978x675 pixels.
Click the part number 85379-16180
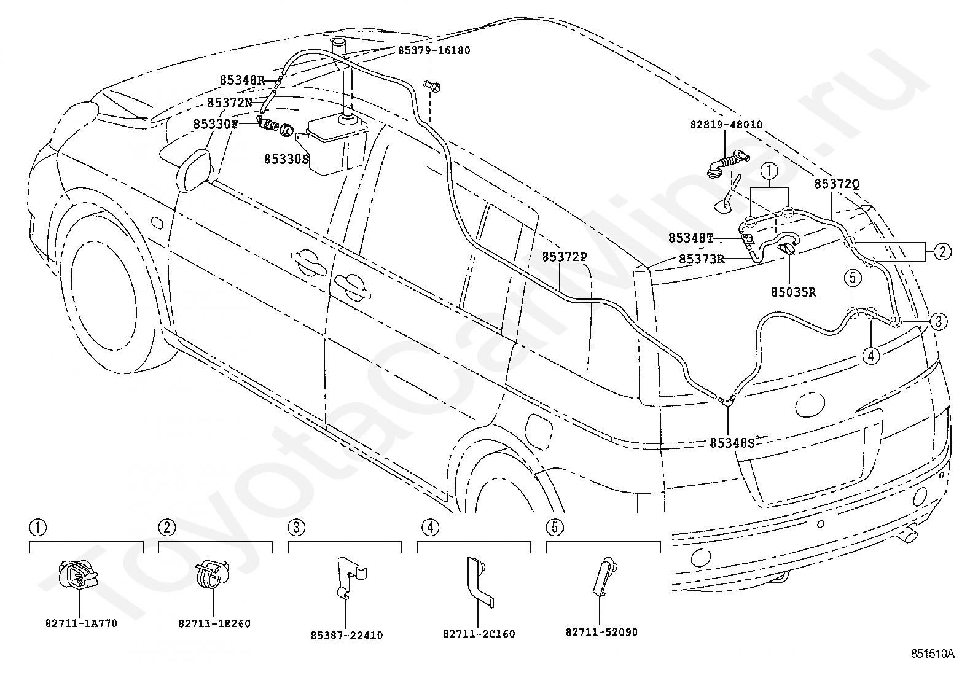coord(434,50)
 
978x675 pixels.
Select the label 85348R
coord(242,80)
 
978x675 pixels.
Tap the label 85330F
coord(216,125)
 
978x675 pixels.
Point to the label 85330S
coord(286,159)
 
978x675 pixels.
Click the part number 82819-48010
coord(726,125)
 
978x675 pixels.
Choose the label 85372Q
coord(837,184)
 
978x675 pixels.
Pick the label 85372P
coord(565,257)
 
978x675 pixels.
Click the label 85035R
coord(793,292)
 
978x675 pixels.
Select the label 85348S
coord(732,443)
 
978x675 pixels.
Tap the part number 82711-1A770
coord(81,623)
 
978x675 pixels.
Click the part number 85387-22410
coord(346,636)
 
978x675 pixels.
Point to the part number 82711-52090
coord(601,632)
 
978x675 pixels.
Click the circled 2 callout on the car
coord(942,252)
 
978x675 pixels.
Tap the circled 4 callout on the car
coord(870,356)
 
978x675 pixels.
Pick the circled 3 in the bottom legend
coord(297,528)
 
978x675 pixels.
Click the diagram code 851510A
coord(933,654)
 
